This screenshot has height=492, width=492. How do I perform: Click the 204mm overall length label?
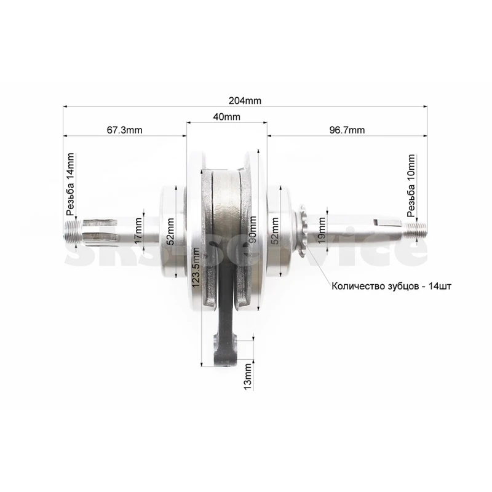pos(245,101)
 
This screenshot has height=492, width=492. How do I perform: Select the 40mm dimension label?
pos(226,117)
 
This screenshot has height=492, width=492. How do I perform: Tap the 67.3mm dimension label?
pos(125,130)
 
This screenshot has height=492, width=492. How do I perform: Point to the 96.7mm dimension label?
pos(347,130)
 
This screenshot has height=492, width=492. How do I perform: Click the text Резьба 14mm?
pos(71,184)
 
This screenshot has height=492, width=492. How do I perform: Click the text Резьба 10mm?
pos(411,186)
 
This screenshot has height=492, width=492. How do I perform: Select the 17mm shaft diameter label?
pos(138,232)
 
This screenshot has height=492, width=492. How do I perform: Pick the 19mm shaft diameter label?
pos(321,230)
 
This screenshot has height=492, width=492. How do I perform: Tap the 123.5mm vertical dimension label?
pos(196,268)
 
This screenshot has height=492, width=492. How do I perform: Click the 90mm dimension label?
pos(252,229)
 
